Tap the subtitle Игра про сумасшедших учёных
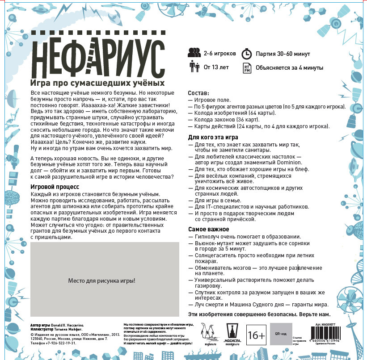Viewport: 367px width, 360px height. click(x=97, y=83)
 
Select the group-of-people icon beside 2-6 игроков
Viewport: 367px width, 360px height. click(x=194, y=53)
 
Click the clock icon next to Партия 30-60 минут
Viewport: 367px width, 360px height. click(x=247, y=54)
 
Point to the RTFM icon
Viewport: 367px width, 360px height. click(x=247, y=68)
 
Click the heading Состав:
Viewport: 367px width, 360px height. click(x=198, y=92)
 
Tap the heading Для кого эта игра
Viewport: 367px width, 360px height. click(x=213, y=137)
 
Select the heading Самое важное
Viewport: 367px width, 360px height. click(x=209, y=229)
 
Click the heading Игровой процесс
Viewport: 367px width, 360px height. click(x=55, y=187)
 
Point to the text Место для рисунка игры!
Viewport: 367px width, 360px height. click(x=101, y=280)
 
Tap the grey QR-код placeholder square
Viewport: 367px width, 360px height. click(x=280, y=334)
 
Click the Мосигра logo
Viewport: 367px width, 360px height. click(x=233, y=334)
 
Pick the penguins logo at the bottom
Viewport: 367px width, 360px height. click(x=208, y=333)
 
